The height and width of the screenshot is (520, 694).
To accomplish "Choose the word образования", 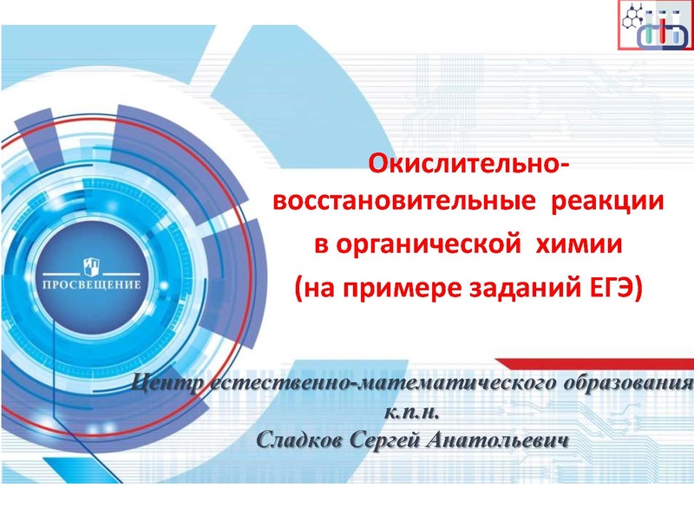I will click(625, 384).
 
